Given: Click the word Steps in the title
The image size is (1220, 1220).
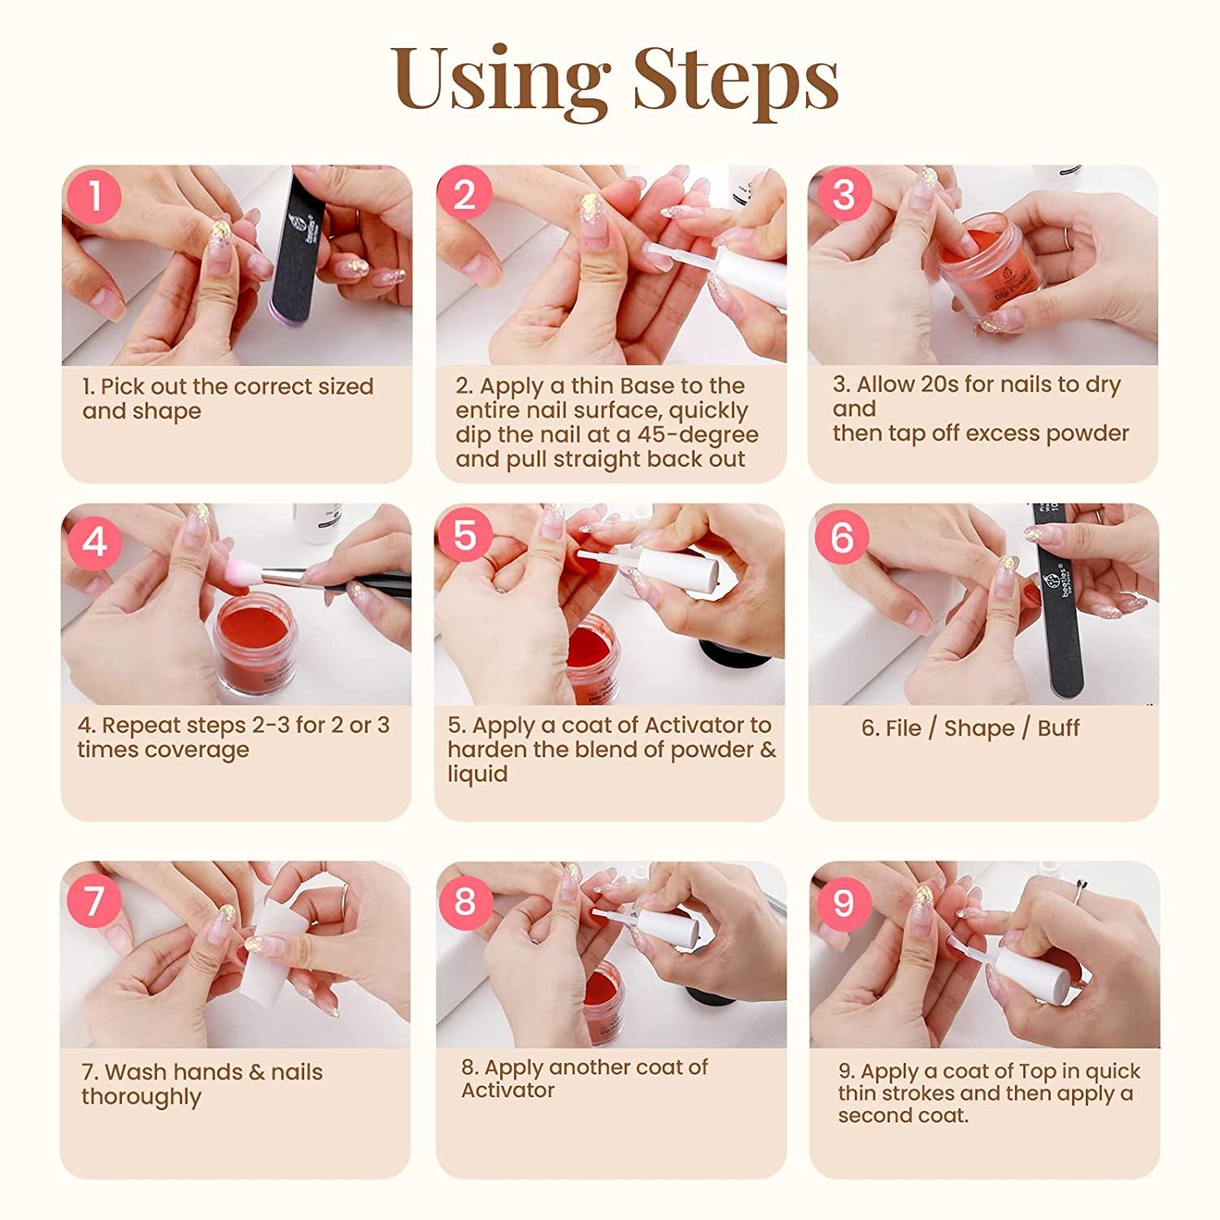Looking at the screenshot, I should click(x=735, y=79).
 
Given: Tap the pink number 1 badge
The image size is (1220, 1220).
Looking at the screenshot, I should click(x=95, y=196).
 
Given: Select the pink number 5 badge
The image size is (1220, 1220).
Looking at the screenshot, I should click(x=464, y=536).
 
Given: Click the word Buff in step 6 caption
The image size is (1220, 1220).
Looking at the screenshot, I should click(x=1057, y=728).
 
